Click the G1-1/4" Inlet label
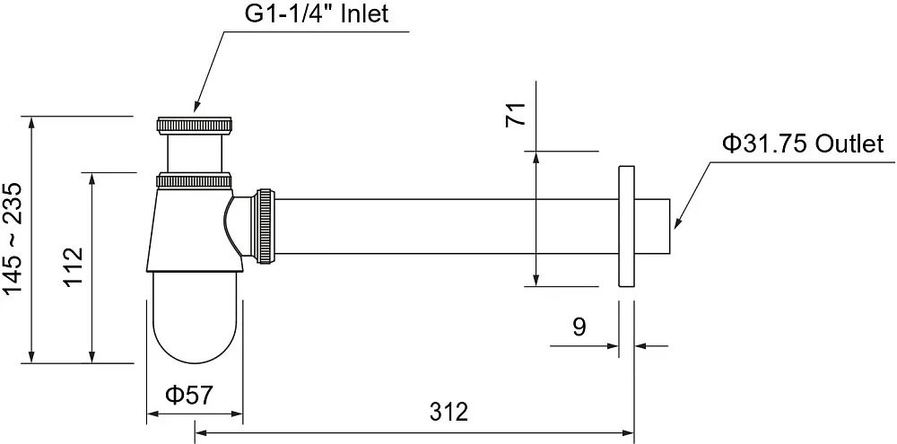click(x=317, y=13)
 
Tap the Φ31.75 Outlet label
click(x=803, y=144)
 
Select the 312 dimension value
click(x=448, y=412)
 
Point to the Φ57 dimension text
click(x=188, y=395)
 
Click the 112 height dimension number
click(x=74, y=267)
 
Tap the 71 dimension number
click(x=515, y=115)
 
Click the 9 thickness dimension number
click(x=579, y=326)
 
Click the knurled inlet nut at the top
click(x=195, y=126)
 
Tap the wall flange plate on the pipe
click(x=626, y=227)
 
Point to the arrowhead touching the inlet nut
click(x=196, y=105)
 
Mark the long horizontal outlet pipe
click(x=447, y=226)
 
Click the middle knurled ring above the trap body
click(x=195, y=180)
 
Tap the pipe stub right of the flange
click(x=652, y=226)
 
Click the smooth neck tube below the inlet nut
click(x=195, y=152)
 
